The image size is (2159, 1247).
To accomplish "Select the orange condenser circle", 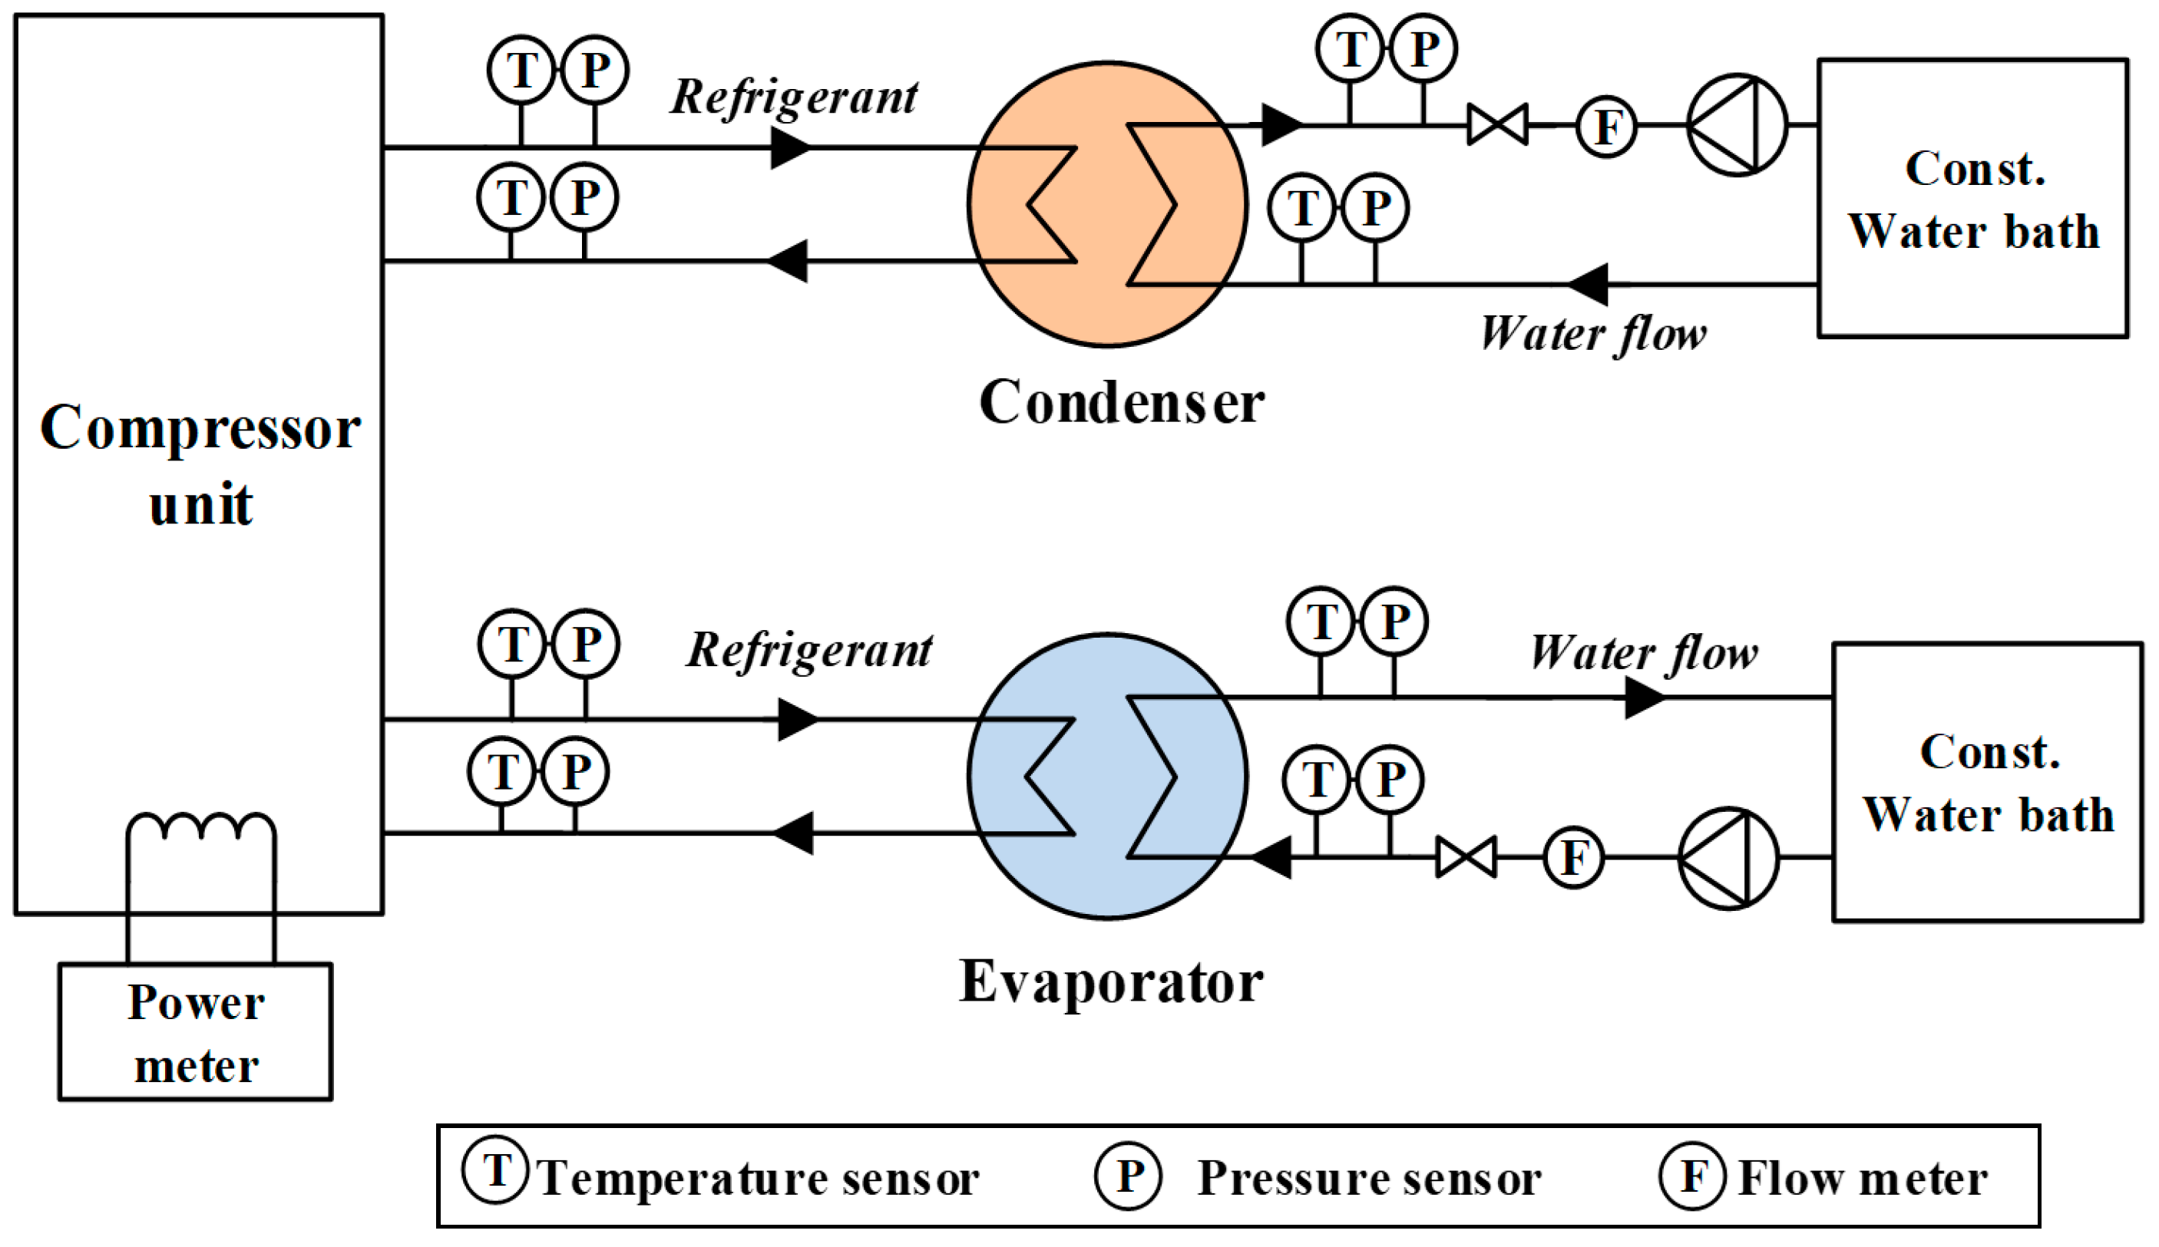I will coord(1107,204).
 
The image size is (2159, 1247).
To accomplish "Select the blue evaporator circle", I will coord(1107,777).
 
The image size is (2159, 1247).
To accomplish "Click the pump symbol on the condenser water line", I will coord(1737,125).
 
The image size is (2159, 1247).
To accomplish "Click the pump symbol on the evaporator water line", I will coord(1728,857).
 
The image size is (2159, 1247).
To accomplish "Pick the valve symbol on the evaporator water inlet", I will coord(1466,857).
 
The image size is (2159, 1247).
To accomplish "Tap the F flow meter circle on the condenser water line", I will coord(1606,127).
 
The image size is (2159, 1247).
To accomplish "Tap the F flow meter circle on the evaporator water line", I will coord(1573,857).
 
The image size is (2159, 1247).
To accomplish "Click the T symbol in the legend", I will coord(496,1171).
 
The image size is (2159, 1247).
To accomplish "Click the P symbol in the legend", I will coord(1129,1176).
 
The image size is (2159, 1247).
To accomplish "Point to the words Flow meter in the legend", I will coord(1863,1179).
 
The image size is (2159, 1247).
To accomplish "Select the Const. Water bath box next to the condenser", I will coord(1973,199).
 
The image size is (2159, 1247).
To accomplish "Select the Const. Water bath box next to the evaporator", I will coord(1988,782).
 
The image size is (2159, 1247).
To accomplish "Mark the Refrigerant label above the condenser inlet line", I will coord(794,97).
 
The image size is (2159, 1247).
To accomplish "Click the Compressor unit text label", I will coord(200,465).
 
